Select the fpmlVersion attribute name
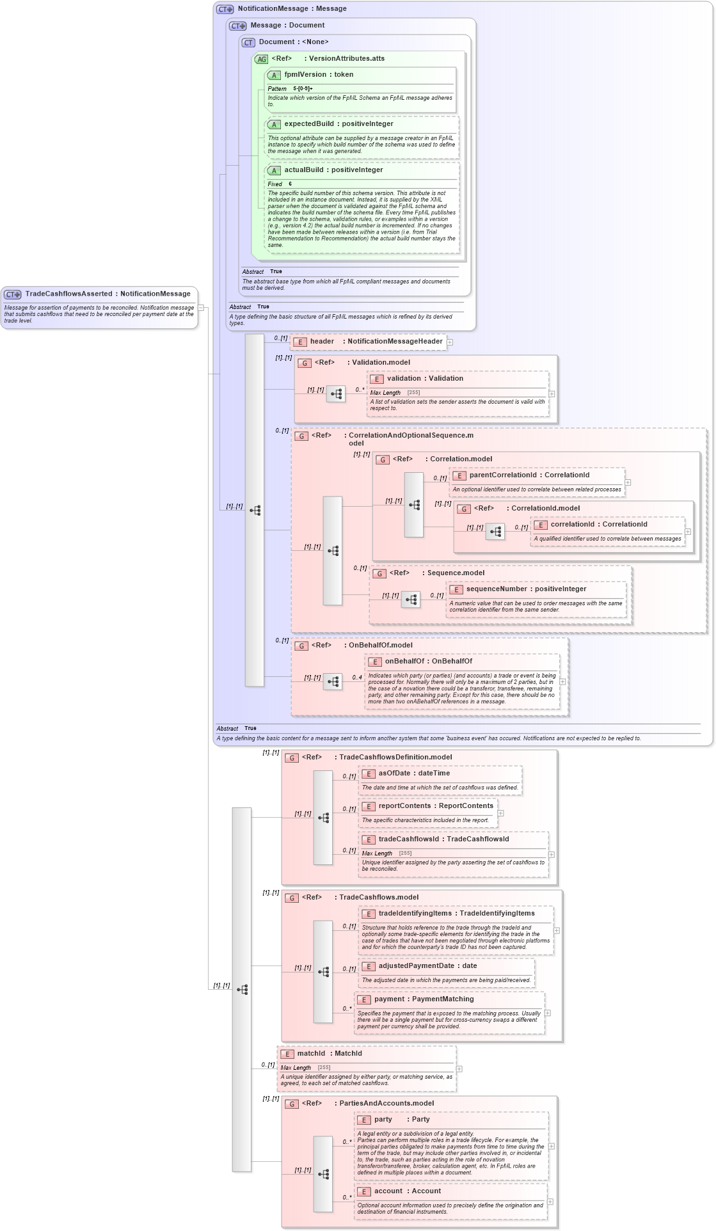305,75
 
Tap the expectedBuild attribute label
308,124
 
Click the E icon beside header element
299,342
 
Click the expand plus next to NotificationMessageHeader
450,342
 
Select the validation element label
407,379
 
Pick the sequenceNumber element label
496,589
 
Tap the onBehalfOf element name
404,662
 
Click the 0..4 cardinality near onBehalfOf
356,677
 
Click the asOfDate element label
394,774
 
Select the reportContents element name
404,806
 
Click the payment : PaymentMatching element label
424,999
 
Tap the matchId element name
311,1054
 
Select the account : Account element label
407,1191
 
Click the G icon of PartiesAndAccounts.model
292,1104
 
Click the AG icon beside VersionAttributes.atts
261,59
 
